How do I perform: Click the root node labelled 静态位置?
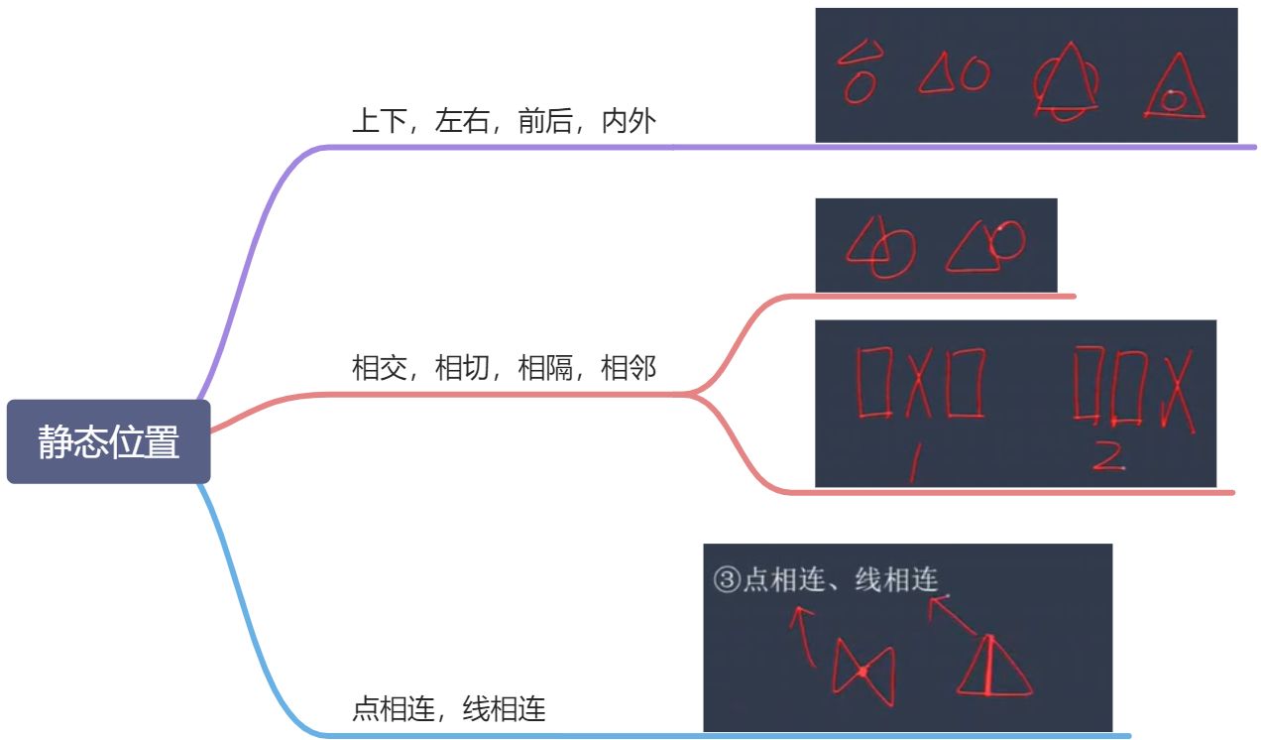[x=109, y=441]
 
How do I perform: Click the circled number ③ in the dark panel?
[x=726, y=580]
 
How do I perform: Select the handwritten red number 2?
[x=1107, y=454]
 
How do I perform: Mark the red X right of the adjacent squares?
[x=1180, y=389]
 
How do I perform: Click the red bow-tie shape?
[x=862, y=672]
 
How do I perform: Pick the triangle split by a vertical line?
[x=992, y=666]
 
